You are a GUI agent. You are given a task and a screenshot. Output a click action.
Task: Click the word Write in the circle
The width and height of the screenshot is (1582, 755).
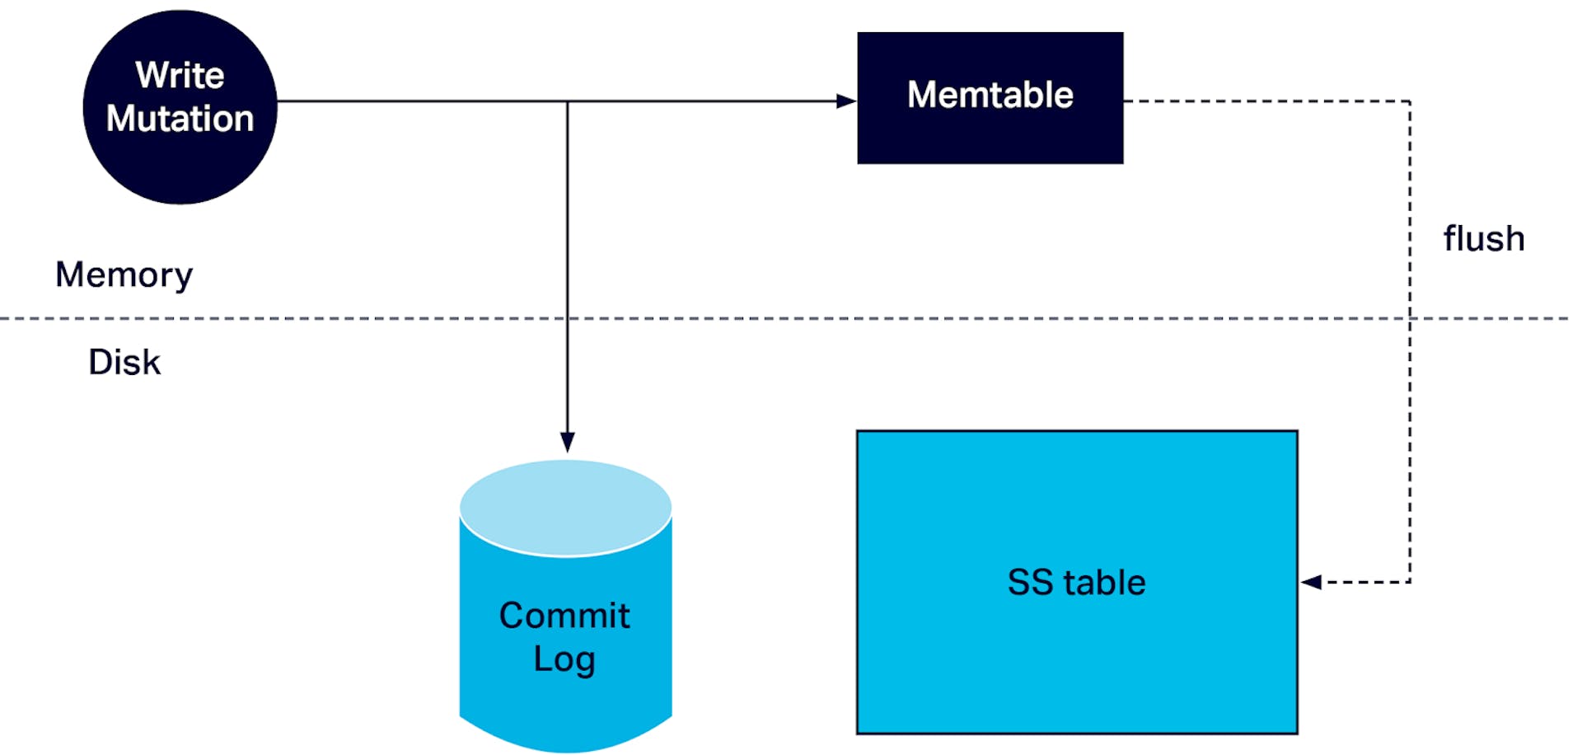(x=180, y=75)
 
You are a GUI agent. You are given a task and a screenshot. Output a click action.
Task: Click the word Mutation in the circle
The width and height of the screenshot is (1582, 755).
(x=180, y=119)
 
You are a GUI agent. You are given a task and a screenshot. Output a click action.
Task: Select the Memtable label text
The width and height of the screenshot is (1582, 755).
(x=990, y=95)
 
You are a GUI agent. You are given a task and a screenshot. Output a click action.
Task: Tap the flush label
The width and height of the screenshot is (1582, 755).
(x=1483, y=239)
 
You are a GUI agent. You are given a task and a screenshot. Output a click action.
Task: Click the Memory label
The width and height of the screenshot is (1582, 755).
(x=124, y=274)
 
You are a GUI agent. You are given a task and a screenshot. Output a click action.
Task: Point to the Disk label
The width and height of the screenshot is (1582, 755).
(x=124, y=362)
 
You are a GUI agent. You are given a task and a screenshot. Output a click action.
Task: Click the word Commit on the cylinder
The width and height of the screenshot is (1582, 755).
(x=564, y=616)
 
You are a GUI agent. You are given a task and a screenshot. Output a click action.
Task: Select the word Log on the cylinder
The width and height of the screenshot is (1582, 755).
(x=564, y=659)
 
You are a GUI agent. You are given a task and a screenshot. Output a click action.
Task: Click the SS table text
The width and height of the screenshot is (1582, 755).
(x=1076, y=583)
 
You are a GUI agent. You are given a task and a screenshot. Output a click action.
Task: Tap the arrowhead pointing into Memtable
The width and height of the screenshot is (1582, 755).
(x=846, y=101)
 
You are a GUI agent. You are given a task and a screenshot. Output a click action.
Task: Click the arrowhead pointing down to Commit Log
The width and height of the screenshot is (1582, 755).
(x=567, y=442)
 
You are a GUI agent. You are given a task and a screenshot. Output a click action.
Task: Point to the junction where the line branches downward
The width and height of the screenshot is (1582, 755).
(x=567, y=101)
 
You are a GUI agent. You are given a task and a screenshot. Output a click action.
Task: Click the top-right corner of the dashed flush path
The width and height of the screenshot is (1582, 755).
(x=1410, y=101)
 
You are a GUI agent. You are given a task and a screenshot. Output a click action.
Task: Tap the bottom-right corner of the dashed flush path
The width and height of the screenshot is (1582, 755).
(x=1410, y=583)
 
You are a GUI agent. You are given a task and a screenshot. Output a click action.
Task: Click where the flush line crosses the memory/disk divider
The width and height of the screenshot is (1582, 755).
(x=1410, y=318)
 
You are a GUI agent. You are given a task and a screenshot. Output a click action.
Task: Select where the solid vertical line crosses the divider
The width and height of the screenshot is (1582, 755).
(x=567, y=318)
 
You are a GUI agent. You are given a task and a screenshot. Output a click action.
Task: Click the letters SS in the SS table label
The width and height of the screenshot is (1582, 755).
(x=1030, y=583)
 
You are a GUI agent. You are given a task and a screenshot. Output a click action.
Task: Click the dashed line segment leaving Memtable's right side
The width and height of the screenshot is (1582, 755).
(x=1261, y=101)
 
